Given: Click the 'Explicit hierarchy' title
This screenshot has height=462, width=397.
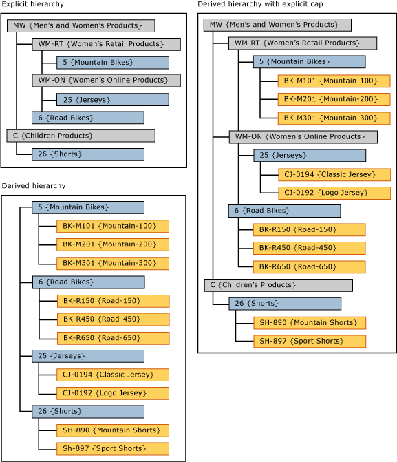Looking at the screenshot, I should [33, 4].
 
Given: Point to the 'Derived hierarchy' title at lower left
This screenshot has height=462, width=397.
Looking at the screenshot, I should [34, 186].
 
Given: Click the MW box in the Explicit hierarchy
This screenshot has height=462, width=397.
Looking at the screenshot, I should [81, 25].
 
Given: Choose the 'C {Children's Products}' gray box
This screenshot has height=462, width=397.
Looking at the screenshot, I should [278, 285].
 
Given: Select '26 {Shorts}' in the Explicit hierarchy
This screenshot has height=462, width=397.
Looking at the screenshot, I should [88, 154].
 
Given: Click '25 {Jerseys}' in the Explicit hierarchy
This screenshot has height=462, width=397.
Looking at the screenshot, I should [113, 99].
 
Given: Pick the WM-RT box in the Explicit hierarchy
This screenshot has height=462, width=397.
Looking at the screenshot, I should [106, 44].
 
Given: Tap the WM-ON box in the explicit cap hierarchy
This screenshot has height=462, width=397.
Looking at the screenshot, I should [303, 137].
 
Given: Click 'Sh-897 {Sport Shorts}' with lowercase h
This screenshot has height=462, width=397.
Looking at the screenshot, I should [113, 449].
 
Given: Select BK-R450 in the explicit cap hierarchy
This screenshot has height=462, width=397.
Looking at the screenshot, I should [309, 248].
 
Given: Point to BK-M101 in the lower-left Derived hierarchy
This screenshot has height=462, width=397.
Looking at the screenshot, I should [113, 226].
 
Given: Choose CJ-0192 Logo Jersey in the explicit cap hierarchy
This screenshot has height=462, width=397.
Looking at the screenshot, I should [334, 193].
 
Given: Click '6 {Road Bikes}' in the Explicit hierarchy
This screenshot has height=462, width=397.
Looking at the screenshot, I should [88, 118].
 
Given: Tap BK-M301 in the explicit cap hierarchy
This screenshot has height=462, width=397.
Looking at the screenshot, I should [334, 118].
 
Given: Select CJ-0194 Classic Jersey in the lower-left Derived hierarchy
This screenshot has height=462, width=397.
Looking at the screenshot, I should [113, 375].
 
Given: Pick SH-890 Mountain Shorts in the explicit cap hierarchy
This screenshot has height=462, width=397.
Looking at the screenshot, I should [309, 322].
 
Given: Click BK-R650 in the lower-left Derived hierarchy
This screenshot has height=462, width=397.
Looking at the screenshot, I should [113, 338].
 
